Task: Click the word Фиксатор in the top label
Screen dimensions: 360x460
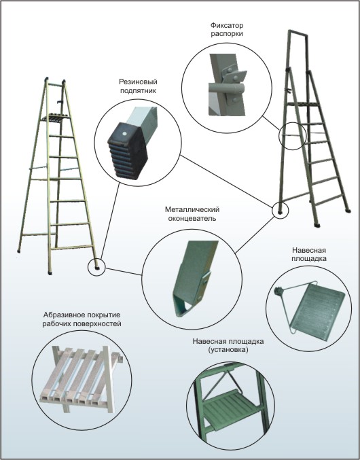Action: tap(227, 26)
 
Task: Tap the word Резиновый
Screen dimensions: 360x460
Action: tap(138, 82)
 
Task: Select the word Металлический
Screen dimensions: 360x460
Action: tap(192, 210)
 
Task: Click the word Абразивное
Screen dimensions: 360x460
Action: tap(62, 315)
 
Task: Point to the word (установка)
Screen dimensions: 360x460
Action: tap(228, 350)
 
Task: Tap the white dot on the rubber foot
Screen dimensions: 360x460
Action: tap(124, 133)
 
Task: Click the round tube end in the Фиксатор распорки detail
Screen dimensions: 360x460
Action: tap(240, 88)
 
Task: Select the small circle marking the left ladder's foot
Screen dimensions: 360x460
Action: tap(96, 267)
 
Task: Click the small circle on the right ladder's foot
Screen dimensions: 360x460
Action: tap(281, 210)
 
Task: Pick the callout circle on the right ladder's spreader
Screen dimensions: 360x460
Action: tap(292, 136)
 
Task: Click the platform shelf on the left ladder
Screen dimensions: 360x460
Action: tap(56, 118)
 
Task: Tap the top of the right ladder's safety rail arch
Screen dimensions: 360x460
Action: tap(298, 32)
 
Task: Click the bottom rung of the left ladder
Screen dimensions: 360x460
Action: tap(73, 247)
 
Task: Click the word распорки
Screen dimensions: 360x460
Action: tap(227, 34)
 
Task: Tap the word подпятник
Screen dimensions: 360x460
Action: tap(139, 90)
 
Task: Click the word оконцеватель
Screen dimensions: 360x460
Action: tap(192, 219)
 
